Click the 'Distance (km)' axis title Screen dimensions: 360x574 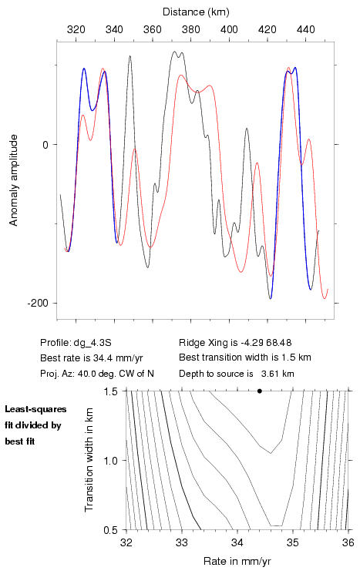[x=196, y=12]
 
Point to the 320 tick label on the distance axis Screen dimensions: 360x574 [x=76, y=29]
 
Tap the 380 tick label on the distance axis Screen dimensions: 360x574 [x=191, y=29]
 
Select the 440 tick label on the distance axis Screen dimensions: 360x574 [x=306, y=29]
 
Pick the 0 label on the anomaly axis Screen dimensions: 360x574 [x=45, y=145]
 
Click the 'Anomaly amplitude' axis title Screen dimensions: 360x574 [x=14, y=180]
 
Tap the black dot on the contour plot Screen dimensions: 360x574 [x=260, y=391]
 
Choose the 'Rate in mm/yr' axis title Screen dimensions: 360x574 [x=237, y=561]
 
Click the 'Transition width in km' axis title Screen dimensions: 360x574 [x=89, y=460]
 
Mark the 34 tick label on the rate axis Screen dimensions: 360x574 [x=237, y=542]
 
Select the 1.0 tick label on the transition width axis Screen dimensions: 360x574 [x=110, y=461]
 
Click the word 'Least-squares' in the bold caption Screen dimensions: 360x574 [x=36, y=409]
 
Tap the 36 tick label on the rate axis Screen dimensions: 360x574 [x=348, y=542]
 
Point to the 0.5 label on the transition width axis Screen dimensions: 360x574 [x=110, y=530]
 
